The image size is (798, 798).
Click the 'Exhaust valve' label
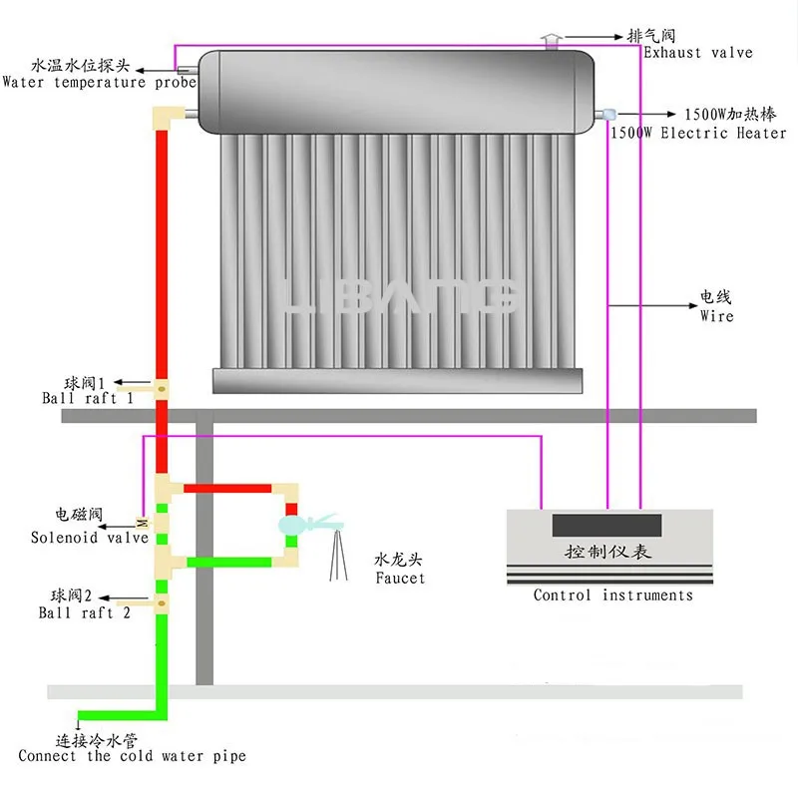(697, 53)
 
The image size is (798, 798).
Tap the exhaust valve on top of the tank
(552, 42)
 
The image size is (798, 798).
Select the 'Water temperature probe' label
(99, 82)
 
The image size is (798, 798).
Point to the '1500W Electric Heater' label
(698, 133)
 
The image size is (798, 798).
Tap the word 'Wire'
(716, 315)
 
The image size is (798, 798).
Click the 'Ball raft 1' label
(88, 397)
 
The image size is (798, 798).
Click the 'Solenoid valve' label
(90, 538)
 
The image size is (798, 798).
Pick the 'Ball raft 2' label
(85, 612)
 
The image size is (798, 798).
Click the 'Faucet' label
(400, 578)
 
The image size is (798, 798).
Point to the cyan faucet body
(291, 525)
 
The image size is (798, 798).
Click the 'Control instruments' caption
(613, 595)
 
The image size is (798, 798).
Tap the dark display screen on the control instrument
(606, 526)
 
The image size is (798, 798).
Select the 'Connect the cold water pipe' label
(132, 756)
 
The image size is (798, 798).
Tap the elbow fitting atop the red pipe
(168, 118)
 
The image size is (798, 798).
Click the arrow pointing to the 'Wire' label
(653, 306)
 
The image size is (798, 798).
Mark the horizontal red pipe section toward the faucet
(227, 489)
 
